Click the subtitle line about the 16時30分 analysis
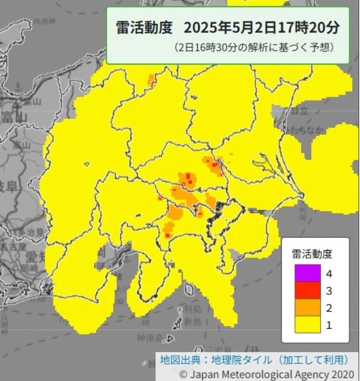tap(254, 47)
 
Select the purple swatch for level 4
tap(307, 273)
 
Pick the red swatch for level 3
tap(307, 290)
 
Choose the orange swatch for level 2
tap(307, 308)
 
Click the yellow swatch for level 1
tap(307, 325)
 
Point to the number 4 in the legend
tap(329, 273)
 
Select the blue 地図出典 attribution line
tap(255, 360)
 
